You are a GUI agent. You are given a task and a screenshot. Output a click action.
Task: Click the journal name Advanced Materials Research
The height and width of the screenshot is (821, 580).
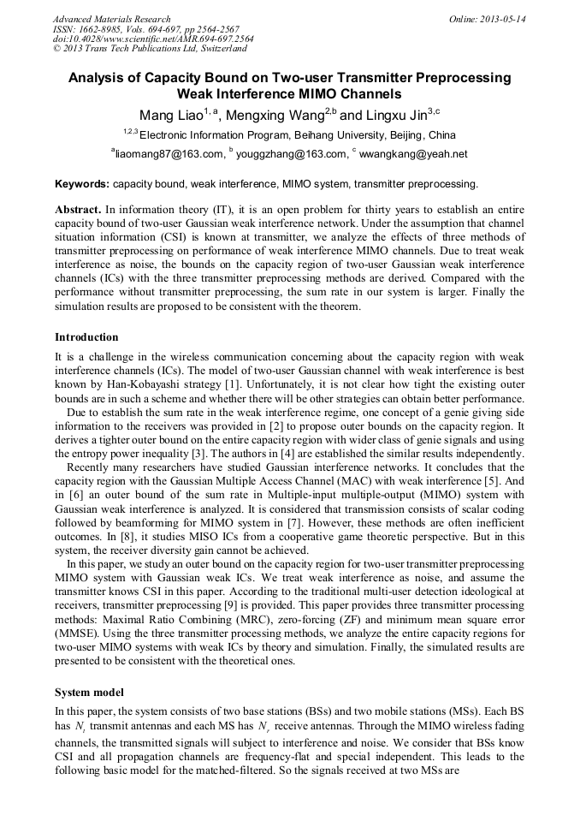point(111,19)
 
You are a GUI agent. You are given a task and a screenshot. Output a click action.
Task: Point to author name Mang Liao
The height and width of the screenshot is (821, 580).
point(168,116)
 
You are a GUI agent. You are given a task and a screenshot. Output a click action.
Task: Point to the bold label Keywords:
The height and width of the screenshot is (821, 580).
point(82,183)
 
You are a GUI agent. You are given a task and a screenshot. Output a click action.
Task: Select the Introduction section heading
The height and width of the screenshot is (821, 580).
point(86,337)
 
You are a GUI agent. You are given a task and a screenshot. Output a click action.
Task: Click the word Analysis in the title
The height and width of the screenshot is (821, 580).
point(98,78)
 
